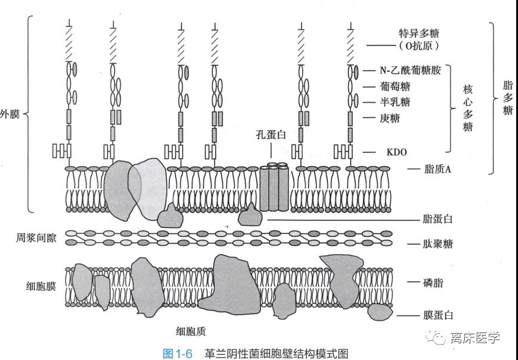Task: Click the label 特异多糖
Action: [419, 33]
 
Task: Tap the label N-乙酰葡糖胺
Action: [411, 70]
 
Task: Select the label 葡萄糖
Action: [395, 87]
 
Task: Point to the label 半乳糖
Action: [395, 102]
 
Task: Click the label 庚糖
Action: [390, 118]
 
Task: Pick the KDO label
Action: [396, 152]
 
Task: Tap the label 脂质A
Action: [437, 170]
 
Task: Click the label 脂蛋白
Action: [437, 219]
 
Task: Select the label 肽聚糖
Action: [437, 244]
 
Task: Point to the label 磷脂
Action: [433, 282]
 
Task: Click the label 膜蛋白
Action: [437, 315]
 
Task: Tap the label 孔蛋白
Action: [271, 134]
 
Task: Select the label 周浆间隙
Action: [36, 238]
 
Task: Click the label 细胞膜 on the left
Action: [41, 287]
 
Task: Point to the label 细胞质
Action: [191, 331]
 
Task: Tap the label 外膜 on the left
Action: [10, 115]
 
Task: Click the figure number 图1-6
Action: [177, 353]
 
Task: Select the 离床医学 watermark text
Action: [475, 338]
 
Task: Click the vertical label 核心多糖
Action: [468, 108]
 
